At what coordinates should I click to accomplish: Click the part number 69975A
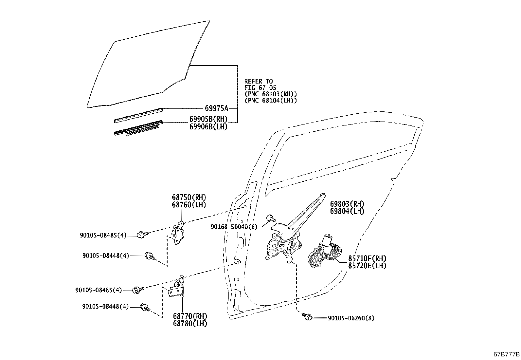pos(217,108)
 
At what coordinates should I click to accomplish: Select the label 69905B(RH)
pos(208,119)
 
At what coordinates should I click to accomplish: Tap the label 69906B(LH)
pos(208,127)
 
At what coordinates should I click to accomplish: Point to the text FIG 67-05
pos(260,88)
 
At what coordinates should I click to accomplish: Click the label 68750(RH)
pos(189,198)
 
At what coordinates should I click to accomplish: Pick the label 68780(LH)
pos(190,323)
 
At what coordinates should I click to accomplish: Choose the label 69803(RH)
pos(347,204)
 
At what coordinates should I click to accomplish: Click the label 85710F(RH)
pos(367,258)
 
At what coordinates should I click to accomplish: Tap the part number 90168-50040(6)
pos(234,227)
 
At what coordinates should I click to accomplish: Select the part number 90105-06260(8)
pos(351,318)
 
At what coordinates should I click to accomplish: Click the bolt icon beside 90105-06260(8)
pos(307,317)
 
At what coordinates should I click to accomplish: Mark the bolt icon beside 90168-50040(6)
pos(271,218)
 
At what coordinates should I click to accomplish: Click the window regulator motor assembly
pos(325,252)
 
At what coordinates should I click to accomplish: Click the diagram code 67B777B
pos(507,354)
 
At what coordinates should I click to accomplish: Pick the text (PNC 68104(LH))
pos(271,101)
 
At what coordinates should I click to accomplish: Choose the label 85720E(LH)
pos(367,266)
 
